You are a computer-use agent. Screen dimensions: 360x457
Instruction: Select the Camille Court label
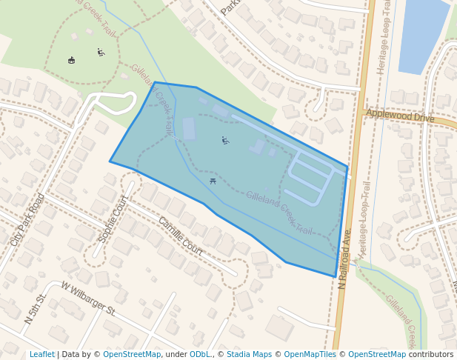tap(180, 235)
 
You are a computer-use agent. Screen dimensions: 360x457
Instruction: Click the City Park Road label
tap(28, 220)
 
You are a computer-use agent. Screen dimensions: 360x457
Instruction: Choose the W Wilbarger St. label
tap(88, 298)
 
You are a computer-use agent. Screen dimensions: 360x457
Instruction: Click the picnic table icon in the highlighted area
tap(213, 180)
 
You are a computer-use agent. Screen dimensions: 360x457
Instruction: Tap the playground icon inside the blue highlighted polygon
tap(225, 140)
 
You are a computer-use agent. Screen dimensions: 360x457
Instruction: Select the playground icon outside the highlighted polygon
tap(101, 52)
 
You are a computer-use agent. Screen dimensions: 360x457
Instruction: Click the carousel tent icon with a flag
tap(71, 60)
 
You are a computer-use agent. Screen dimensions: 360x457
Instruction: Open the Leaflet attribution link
tap(42, 355)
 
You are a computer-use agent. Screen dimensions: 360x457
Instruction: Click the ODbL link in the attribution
tap(200, 355)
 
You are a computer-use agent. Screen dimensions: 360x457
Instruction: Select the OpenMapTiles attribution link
tap(313, 355)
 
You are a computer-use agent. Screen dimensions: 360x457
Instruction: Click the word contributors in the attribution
tap(431, 355)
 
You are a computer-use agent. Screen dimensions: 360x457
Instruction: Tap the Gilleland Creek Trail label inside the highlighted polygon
tap(279, 213)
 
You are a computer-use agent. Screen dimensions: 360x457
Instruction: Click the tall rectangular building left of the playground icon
tap(189, 128)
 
